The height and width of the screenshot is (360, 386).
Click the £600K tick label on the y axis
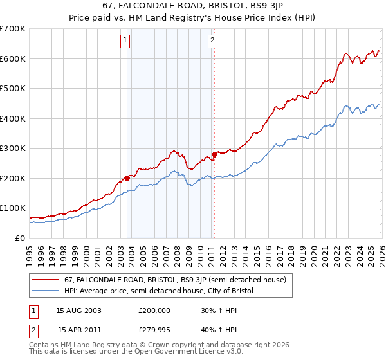[x=13, y=59]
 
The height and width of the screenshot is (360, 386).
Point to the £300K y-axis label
[x=13, y=148]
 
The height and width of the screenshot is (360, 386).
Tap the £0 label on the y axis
[x=20, y=238]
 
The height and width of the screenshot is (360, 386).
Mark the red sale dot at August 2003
[x=127, y=178]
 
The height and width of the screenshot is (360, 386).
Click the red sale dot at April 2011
[x=214, y=154]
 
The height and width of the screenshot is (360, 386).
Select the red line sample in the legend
[x=45, y=280]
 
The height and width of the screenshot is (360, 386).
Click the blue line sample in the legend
[x=45, y=291]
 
